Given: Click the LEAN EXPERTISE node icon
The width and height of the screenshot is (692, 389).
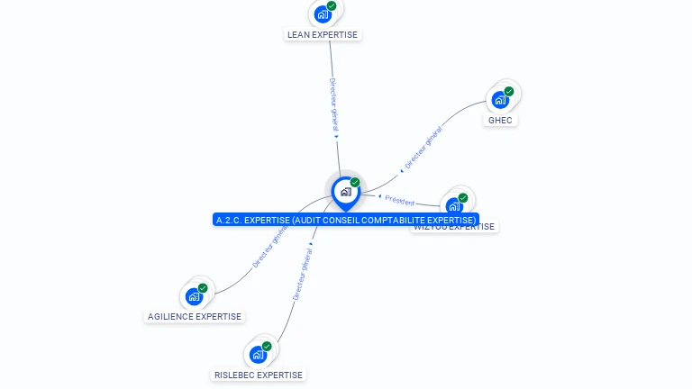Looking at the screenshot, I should tap(322, 14).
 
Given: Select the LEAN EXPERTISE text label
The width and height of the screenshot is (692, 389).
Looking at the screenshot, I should tap(323, 35).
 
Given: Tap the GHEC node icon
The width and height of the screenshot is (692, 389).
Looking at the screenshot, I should tap(500, 99).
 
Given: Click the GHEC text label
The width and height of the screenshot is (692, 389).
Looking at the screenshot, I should tap(500, 120).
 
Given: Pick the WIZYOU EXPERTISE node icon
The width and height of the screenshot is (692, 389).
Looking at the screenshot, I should tap(454, 204).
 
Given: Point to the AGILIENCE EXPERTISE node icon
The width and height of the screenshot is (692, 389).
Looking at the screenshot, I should tap(194, 295).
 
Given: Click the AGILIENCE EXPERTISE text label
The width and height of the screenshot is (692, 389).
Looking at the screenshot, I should tap(195, 317).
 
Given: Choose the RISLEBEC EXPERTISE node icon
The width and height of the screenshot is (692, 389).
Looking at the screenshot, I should tap(258, 354).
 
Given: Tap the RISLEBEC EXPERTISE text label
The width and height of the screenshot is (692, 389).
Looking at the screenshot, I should tap(259, 375).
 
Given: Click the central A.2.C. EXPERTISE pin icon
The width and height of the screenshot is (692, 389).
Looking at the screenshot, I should tap(345, 192).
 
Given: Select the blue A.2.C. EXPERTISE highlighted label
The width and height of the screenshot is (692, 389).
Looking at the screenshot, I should tap(346, 220).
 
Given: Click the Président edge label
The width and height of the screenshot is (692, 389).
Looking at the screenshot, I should tap(400, 202).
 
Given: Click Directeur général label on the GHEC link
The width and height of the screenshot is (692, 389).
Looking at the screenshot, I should tap(423, 149).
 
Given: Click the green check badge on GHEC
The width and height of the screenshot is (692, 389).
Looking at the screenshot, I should tap(509, 91).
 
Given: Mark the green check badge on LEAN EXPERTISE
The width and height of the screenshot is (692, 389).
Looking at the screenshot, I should tap(332, 6).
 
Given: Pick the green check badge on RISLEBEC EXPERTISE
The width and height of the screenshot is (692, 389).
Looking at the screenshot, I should tap(267, 346).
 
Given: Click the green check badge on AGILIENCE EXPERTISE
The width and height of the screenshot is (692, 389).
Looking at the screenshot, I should tap(203, 288).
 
